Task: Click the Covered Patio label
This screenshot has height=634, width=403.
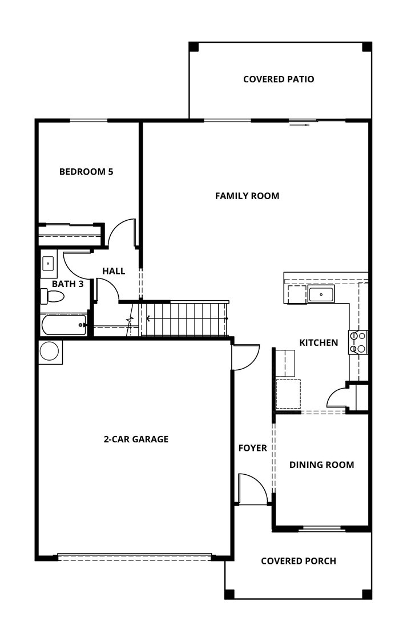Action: (279, 79)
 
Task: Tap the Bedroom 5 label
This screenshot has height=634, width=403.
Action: (86, 172)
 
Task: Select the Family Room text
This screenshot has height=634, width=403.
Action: (247, 196)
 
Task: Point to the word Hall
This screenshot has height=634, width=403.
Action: (114, 271)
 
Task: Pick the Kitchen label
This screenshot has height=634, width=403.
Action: (319, 343)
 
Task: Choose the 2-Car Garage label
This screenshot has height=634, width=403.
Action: (136, 439)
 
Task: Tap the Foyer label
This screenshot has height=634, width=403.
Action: (252, 449)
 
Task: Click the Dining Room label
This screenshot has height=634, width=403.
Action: (321, 465)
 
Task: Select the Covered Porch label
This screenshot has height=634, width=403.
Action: (299, 561)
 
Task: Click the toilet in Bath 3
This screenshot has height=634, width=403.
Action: (53, 296)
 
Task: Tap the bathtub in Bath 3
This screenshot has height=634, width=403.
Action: (63, 325)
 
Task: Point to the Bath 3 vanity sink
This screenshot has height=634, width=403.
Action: (48, 264)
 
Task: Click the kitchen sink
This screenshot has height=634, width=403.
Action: (321, 294)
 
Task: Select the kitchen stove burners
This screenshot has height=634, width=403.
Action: (358, 342)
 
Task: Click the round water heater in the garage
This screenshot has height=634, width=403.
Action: (49, 351)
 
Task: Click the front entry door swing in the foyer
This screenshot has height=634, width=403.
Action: (251, 490)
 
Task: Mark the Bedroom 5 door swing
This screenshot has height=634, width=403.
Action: (121, 234)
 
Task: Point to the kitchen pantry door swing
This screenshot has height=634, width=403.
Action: (337, 398)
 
